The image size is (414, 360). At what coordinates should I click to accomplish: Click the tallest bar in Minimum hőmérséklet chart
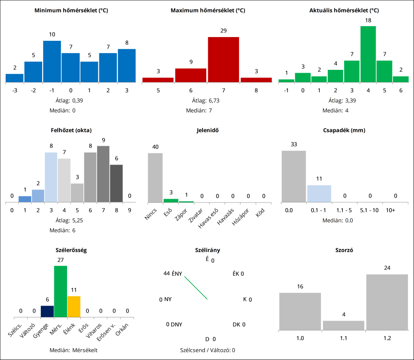pyautogui.click(x=52, y=61)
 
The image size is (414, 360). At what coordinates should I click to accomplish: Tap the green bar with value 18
pyautogui.click(x=368, y=54)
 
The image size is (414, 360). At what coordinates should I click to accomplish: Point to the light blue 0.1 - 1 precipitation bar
pyautogui.click(x=319, y=194)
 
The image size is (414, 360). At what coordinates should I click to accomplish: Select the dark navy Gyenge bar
pyautogui.click(x=47, y=312)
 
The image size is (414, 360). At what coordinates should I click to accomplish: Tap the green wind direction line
pyautogui.click(x=196, y=288)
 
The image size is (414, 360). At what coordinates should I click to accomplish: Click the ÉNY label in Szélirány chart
pyautogui.click(x=177, y=274)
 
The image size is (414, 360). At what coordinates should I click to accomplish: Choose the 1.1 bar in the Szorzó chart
pyautogui.click(x=344, y=325)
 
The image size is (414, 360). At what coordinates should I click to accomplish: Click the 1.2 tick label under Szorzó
pyautogui.click(x=387, y=337)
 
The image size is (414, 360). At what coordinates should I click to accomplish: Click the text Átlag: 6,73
pyautogui.click(x=206, y=100)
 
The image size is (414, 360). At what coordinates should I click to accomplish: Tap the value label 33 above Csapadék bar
pyautogui.click(x=294, y=144)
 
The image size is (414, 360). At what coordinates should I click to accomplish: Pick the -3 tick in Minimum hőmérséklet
pyautogui.click(x=15, y=90)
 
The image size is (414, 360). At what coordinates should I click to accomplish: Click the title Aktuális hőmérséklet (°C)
pyautogui.click(x=344, y=10)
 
